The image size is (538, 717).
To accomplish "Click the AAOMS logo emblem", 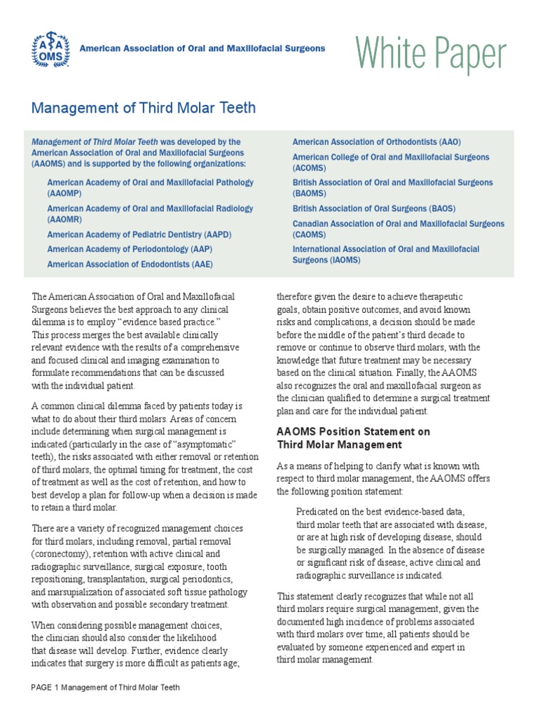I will [51, 48].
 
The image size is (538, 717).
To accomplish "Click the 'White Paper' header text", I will [430, 53].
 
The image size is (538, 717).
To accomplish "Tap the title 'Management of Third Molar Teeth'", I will [144, 108].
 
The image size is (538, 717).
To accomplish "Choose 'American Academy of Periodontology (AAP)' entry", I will [130, 249].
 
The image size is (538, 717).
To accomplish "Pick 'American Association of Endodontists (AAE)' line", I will [130, 264].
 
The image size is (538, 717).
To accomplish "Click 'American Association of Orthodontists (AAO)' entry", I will [376, 142].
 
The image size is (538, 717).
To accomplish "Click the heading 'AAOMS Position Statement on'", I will [353, 431].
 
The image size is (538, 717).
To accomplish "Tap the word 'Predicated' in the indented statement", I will [318, 512].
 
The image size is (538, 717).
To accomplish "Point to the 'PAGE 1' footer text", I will [46, 687].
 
